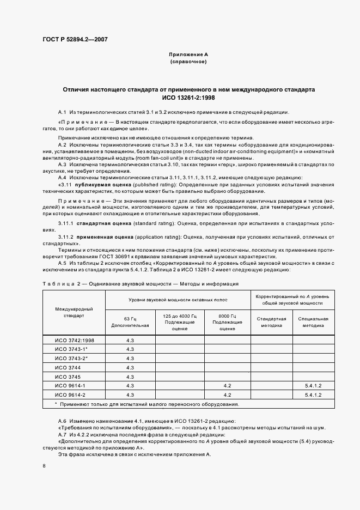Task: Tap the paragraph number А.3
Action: tap(62, 164)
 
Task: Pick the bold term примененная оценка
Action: tap(106, 238)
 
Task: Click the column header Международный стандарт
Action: tap(74, 312)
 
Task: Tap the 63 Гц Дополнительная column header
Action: tap(130, 322)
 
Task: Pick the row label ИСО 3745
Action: tap(68, 377)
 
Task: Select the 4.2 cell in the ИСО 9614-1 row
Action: tap(227, 386)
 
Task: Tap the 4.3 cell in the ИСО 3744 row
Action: tap(130, 367)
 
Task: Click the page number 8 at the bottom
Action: tap(44, 466)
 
